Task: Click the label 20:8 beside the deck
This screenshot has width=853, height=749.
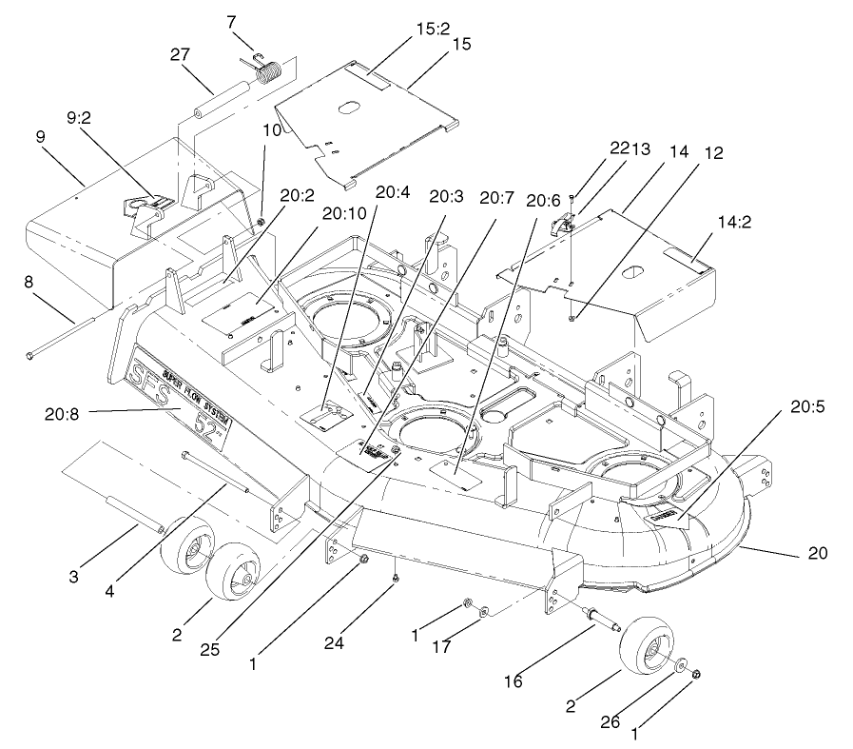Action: click(x=63, y=412)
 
